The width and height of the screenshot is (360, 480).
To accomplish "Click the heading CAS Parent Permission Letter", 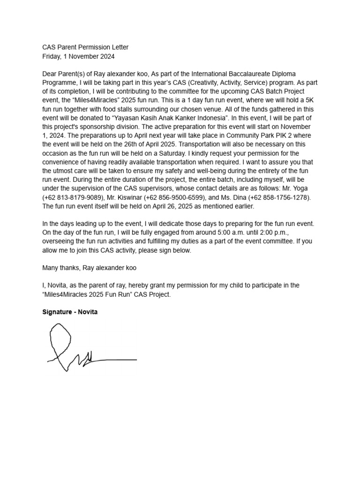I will click(x=85, y=47).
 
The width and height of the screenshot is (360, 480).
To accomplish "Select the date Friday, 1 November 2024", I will click(x=78, y=56).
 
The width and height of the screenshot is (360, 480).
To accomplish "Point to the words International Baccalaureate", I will click(x=243, y=74).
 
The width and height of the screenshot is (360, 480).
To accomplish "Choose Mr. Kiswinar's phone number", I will click(x=190, y=197).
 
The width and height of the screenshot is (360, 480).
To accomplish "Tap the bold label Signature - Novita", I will click(x=70, y=312).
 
